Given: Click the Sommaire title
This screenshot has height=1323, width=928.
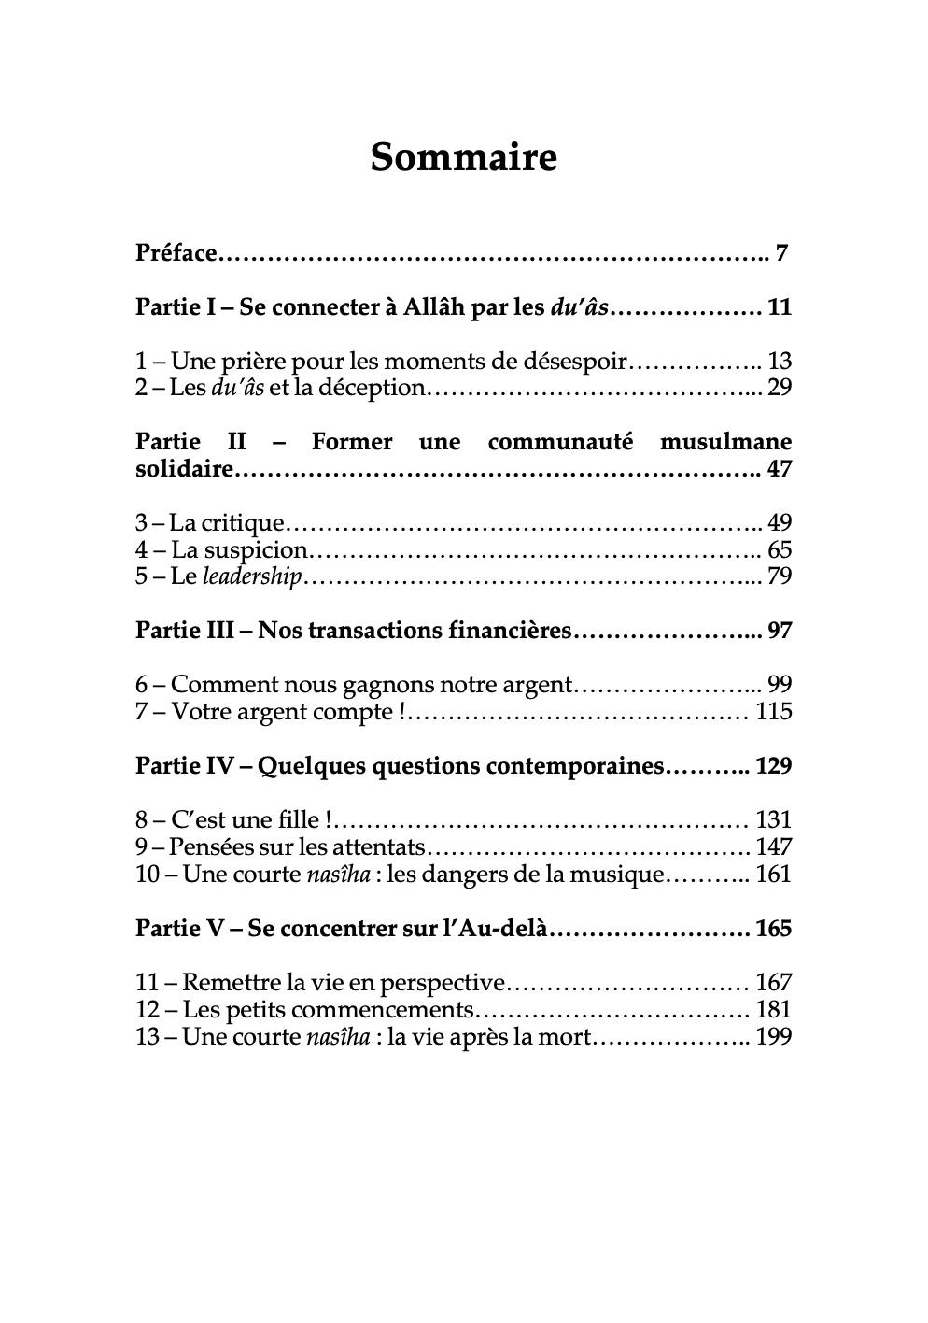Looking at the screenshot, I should (x=463, y=157).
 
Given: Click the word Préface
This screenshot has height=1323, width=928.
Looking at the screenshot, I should (x=176, y=253).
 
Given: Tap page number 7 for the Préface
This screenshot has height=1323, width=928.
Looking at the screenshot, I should (x=782, y=253).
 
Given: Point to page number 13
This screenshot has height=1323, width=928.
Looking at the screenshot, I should (x=779, y=362).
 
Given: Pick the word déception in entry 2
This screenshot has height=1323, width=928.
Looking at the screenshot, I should (x=372, y=388).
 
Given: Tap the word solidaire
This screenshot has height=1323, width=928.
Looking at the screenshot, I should (x=183, y=469).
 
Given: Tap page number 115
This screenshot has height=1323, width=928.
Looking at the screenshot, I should (x=774, y=712).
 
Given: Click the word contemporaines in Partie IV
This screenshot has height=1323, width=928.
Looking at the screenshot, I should (x=573, y=766).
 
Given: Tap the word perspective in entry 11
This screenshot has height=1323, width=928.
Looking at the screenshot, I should (x=448, y=983).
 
